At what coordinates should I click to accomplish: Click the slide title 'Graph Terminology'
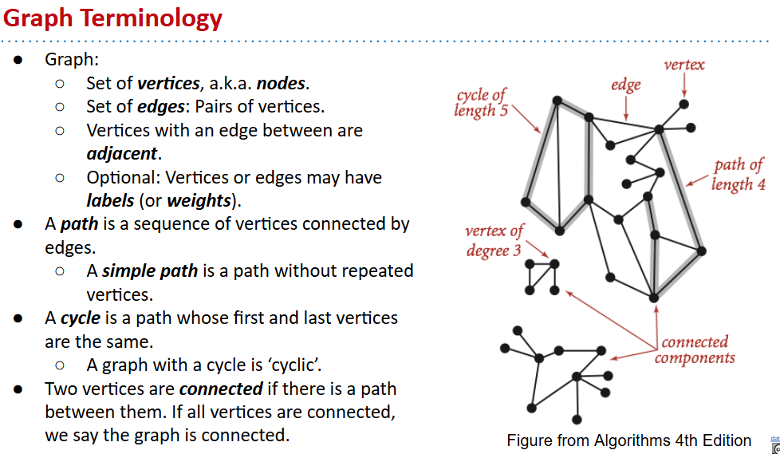pyautogui.click(x=112, y=18)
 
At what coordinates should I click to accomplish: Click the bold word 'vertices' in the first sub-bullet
pyautogui.click(x=170, y=83)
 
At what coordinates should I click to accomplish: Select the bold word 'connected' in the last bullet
pyautogui.click(x=221, y=389)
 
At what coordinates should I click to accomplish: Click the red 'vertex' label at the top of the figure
pyautogui.click(x=684, y=65)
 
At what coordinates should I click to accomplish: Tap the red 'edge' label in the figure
pyautogui.click(x=626, y=84)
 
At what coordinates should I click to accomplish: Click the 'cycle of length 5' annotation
pyautogui.click(x=481, y=103)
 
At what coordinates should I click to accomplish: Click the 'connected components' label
pyautogui.click(x=695, y=350)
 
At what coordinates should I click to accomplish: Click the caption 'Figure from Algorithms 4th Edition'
pyautogui.click(x=628, y=440)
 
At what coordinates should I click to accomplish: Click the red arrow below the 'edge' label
pyautogui.click(x=626, y=107)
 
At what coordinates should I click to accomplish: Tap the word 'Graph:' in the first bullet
pyautogui.click(x=72, y=59)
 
